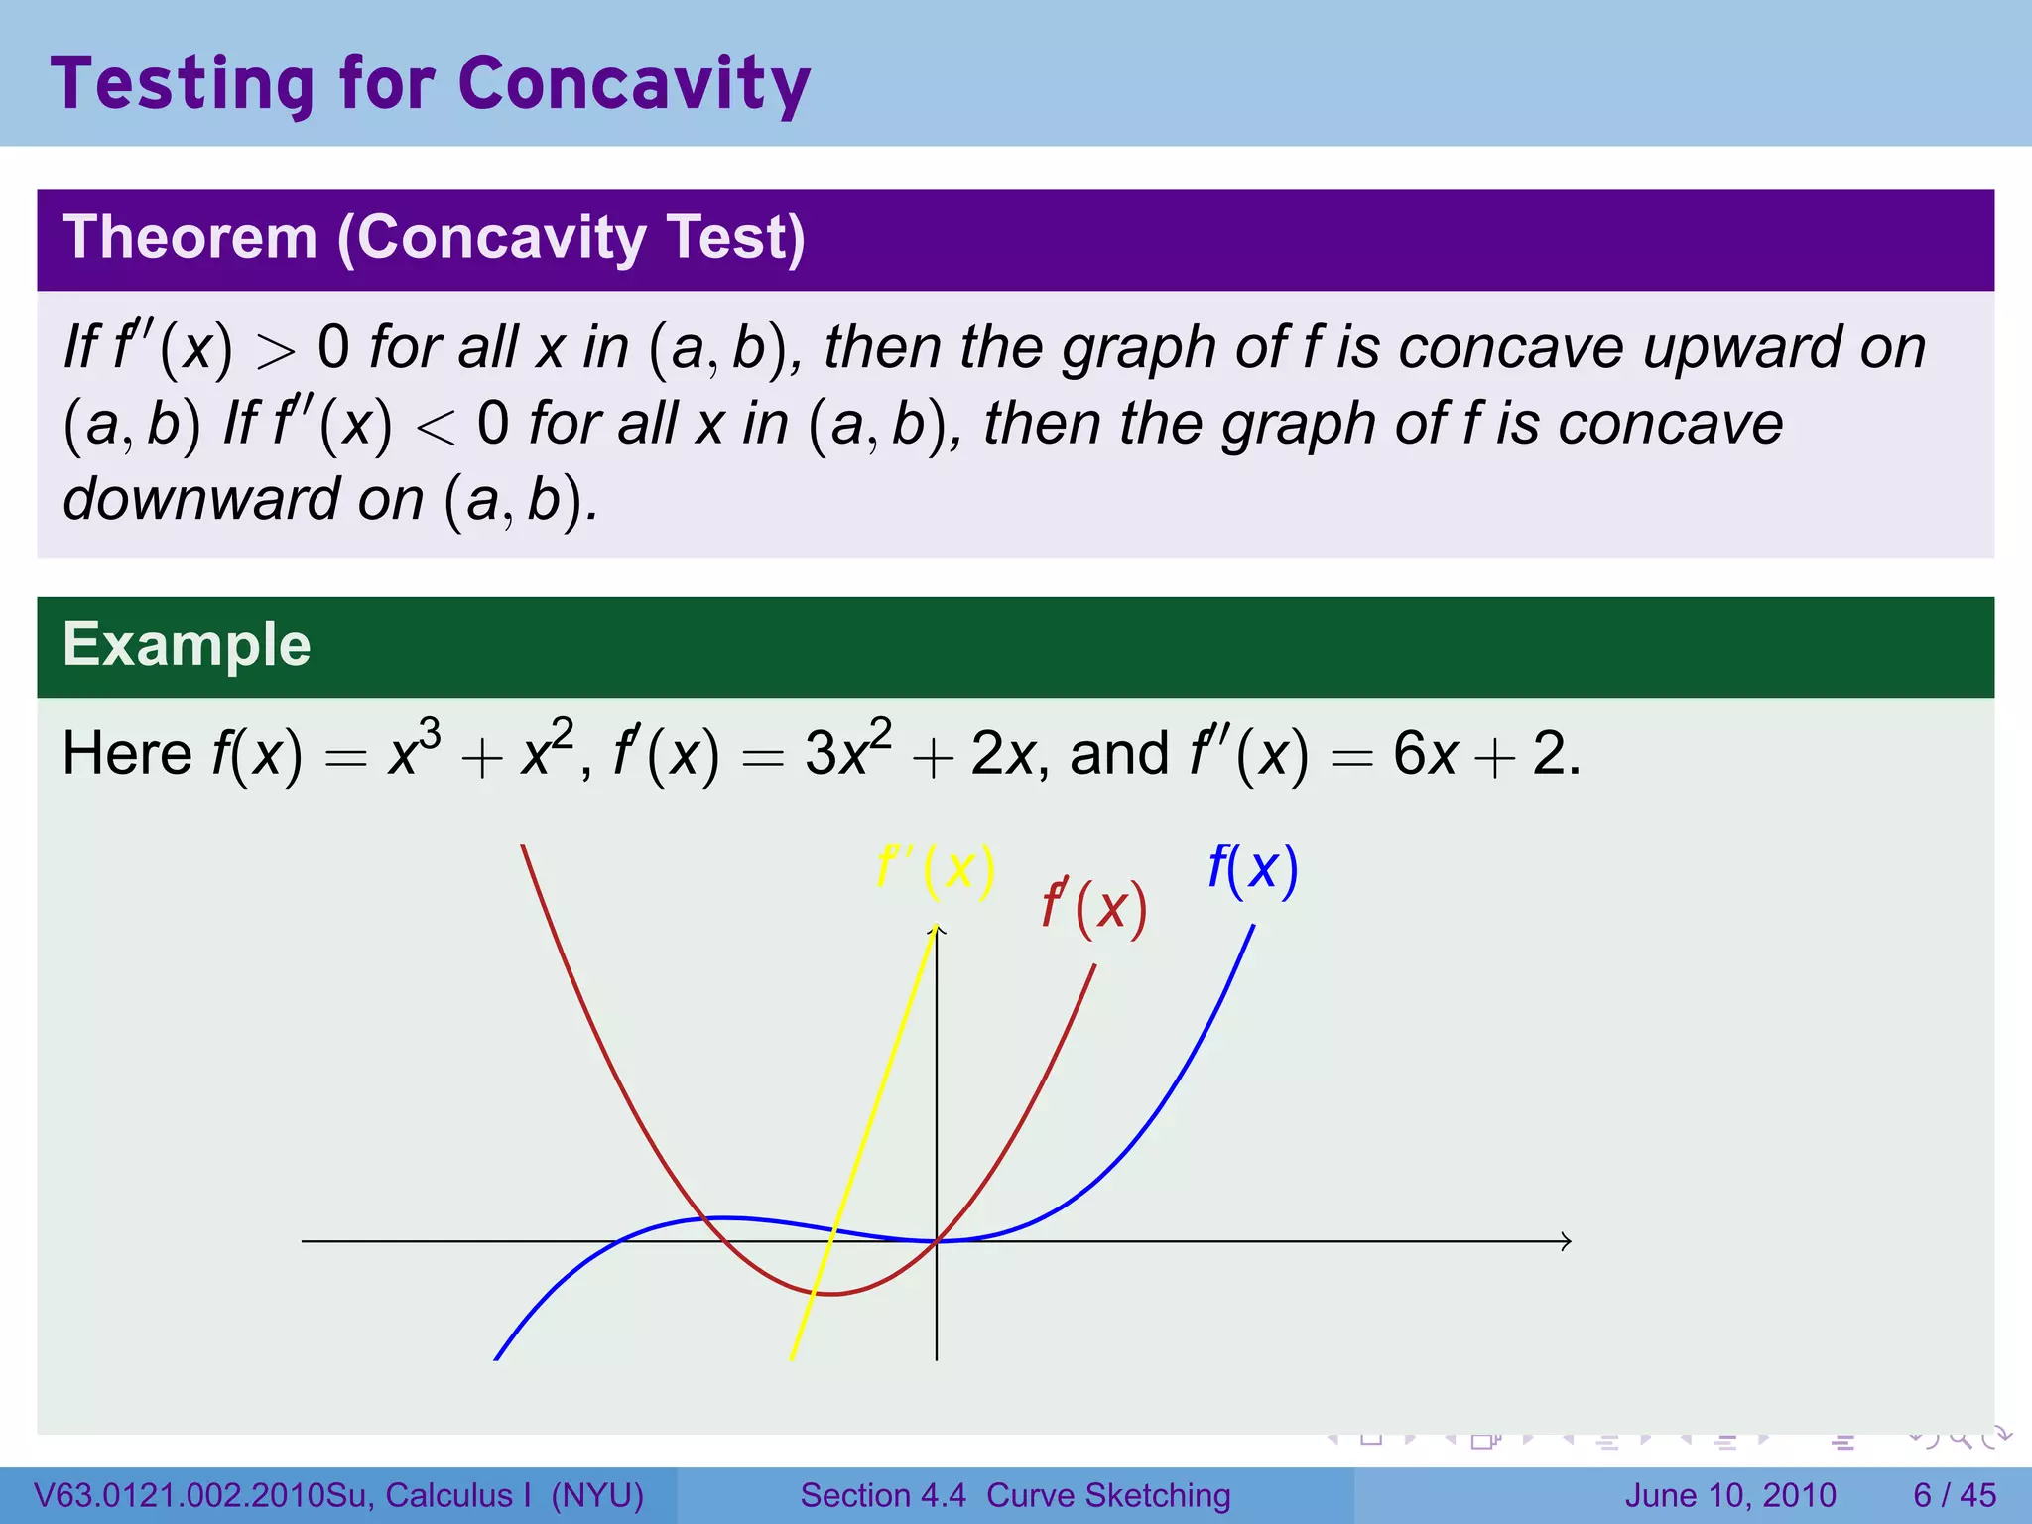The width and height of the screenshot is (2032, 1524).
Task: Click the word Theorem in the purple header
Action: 190,238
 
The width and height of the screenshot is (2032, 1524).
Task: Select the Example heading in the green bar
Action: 187,645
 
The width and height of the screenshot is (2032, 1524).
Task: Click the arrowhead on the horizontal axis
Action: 1566,1241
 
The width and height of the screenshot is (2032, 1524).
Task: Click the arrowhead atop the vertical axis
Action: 937,930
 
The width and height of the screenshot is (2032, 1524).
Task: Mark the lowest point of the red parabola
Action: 831,1294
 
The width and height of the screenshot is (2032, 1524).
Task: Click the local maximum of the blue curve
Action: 724,1217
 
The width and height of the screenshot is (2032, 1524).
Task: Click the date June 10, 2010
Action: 1730,1495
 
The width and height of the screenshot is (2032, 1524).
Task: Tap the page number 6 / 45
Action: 1954,1495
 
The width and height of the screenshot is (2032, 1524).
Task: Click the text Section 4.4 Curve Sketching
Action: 1015,1495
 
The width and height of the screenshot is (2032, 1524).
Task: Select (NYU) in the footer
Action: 597,1495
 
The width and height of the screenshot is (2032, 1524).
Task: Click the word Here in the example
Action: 127,754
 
